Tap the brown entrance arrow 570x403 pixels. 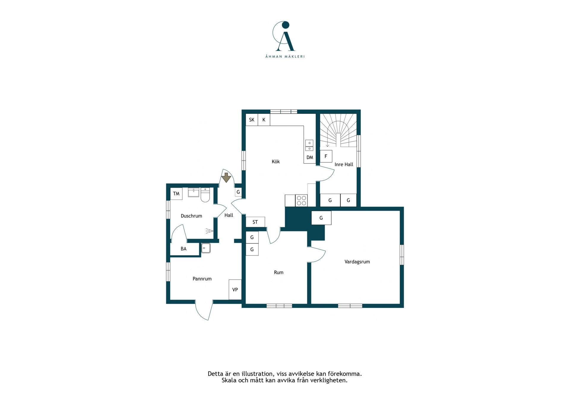226,177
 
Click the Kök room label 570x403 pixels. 276,162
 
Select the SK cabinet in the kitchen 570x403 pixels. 252,120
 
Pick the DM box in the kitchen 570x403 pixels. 310,157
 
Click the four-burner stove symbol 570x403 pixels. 301,200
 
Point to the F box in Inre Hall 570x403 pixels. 326,156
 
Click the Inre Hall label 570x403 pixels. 344,164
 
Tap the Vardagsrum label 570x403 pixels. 357,262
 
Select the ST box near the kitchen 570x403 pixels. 255,222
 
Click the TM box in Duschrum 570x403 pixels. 176,194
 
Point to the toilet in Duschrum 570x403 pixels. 205,195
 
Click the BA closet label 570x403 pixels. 183,249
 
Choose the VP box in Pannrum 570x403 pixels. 235,290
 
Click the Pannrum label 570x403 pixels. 202,279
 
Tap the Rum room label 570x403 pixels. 278,272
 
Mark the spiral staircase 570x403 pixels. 338,130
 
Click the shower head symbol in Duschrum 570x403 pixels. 209,231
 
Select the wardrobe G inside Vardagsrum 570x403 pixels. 321,218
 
